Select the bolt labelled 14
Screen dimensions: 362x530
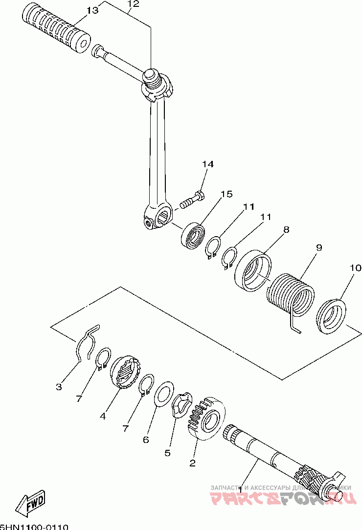click(193, 200)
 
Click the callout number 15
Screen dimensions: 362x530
click(226, 195)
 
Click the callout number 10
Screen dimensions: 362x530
click(355, 268)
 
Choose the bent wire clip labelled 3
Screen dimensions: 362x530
click(87, 343)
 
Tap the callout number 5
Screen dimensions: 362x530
click(167, 453)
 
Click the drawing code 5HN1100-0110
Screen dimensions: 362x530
click(34, 527)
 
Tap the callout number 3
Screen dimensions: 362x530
click(59, 387)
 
